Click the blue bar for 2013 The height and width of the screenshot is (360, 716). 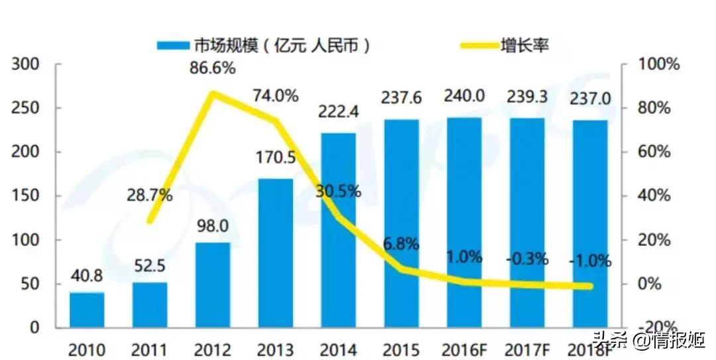[275, 253]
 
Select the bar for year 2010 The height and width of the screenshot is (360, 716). [87, 310]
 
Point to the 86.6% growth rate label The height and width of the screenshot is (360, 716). [212, 67]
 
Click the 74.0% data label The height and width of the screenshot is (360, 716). [274, 95]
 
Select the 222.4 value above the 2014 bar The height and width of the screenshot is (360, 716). [338, 113]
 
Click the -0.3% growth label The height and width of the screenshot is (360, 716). [527, 259]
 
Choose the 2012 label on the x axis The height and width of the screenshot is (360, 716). [212, 348]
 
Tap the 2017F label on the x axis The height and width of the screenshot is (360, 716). [527, 348]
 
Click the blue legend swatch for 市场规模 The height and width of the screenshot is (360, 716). [174, 45]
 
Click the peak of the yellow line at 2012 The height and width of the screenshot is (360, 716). [212, 93]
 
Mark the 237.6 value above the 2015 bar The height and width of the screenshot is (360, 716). [401, 97]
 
